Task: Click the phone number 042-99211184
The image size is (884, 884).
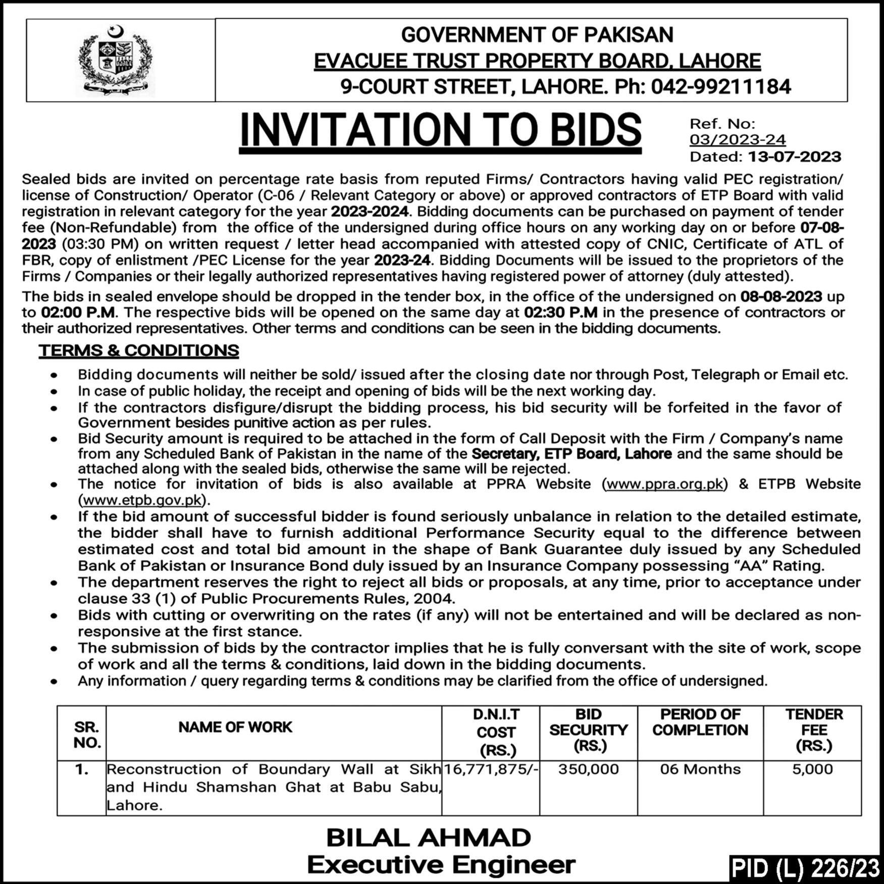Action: coord(720,87)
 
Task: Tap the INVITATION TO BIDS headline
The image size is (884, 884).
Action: coord(440,130)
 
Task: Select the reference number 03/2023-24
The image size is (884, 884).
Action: coord(738,140)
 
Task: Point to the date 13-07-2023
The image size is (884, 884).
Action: coord(794,157)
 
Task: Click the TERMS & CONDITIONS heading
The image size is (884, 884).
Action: coord(139,350)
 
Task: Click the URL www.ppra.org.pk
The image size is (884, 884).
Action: coord(665,484)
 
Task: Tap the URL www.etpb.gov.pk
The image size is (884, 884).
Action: coord(143,500)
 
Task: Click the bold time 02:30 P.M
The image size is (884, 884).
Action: coord(560,313)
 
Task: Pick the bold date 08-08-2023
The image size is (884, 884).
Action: coord(782,296)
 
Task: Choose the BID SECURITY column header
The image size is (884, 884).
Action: coord(588,730)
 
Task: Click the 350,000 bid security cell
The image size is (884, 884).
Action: coord(588,769)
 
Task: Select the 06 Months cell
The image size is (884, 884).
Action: coord(700,769)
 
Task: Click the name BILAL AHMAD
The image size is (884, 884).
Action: coord(429,839)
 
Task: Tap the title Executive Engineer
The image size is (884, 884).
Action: coord(441,865)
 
